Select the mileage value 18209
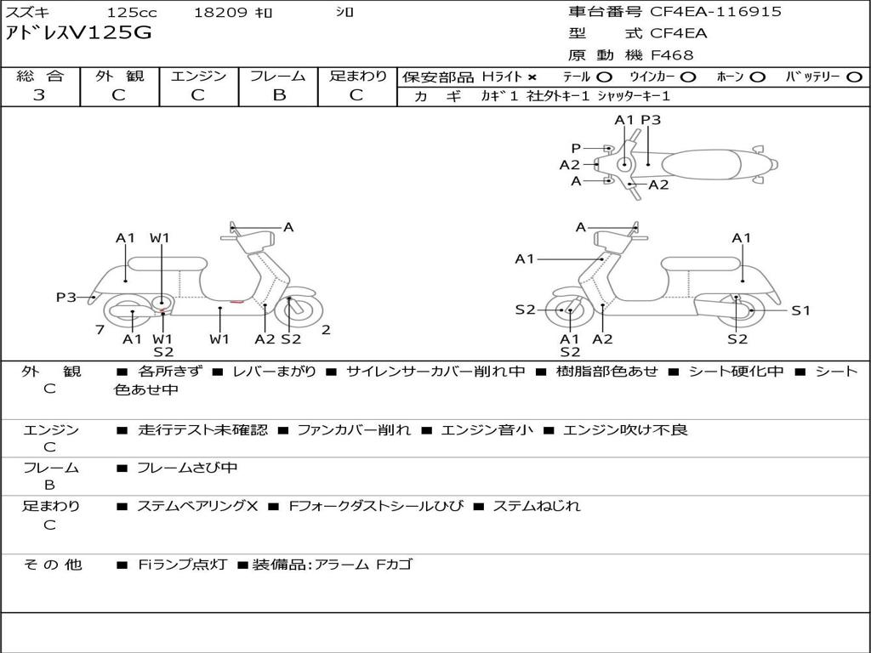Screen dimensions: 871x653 point(220,13)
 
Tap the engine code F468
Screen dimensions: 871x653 point(672,55)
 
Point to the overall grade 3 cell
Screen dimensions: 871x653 point(39,95)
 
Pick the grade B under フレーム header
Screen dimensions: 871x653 point(278,95)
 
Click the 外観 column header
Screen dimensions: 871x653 point(119,77)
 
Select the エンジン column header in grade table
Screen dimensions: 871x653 point(198,77)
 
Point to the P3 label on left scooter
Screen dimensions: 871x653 point(66,297)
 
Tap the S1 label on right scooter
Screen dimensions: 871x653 point(800,310)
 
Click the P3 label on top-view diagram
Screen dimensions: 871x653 point(651,120)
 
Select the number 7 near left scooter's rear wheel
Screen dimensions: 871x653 point(100,329)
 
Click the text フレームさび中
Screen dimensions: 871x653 point(187,468)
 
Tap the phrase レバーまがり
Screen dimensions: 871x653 point(274,372)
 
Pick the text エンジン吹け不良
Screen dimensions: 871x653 point(625,429)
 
